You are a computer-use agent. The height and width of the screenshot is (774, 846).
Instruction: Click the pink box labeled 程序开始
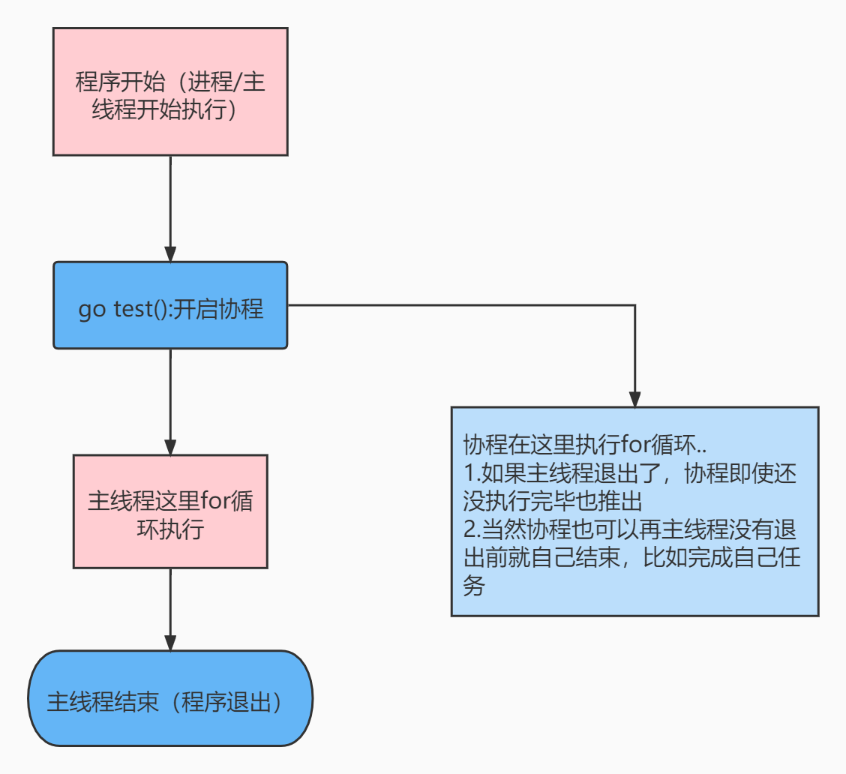click(170, 91)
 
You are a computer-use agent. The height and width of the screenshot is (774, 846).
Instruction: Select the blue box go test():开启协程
click(170, 305)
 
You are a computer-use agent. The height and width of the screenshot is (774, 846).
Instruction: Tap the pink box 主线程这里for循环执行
click(170, 511)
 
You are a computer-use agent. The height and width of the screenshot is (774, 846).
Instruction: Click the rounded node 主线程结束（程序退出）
click(170, 698)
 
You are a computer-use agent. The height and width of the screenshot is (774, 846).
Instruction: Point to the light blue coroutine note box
click(634, 511)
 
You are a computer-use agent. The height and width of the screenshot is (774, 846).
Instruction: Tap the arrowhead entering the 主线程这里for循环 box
click(170, 447)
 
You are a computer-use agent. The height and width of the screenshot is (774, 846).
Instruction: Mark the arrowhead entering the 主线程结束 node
click(170, 643)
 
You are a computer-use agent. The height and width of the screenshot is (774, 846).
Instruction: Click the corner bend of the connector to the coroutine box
click(634, 305)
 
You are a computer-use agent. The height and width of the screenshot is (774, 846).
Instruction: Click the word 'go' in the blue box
click(92, 310)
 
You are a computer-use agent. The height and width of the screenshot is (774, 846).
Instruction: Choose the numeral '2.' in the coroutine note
click(472, 529)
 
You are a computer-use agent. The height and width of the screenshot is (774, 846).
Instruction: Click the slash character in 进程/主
click(239, 82)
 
